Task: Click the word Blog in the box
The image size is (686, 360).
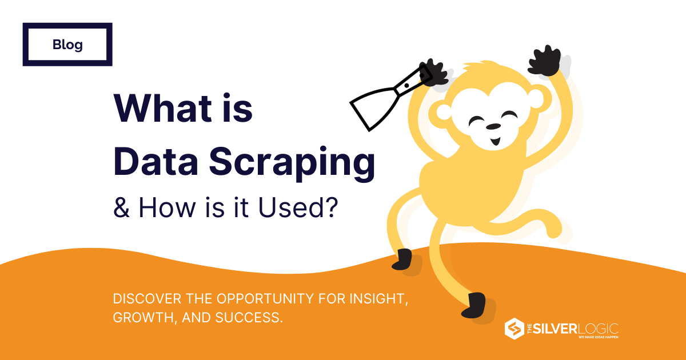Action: point(67,45)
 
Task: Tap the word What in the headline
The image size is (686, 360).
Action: point(163,108)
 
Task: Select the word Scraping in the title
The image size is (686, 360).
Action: point(292,162)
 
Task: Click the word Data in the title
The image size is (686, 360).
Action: point(156,161)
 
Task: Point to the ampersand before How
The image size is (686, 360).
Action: point(122,207)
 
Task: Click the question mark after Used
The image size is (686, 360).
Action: point(331,207)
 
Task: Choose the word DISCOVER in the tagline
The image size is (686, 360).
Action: point(147,298)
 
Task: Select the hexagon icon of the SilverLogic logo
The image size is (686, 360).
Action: point(514,329)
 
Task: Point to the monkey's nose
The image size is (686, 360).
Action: point(493,126)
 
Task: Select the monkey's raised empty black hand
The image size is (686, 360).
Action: point(544,61)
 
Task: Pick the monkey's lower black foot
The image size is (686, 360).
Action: point(474,305)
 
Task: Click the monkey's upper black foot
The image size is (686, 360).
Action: point(402,259)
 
